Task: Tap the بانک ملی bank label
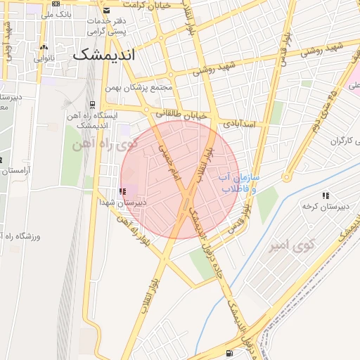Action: pos(57,14)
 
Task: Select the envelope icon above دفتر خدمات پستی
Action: pos(106,11)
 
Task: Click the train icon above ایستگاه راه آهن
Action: pos(92,105)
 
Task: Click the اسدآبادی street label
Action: pos(239,123)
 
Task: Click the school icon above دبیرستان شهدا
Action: pos(123,191)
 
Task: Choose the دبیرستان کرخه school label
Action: pos(321,206)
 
